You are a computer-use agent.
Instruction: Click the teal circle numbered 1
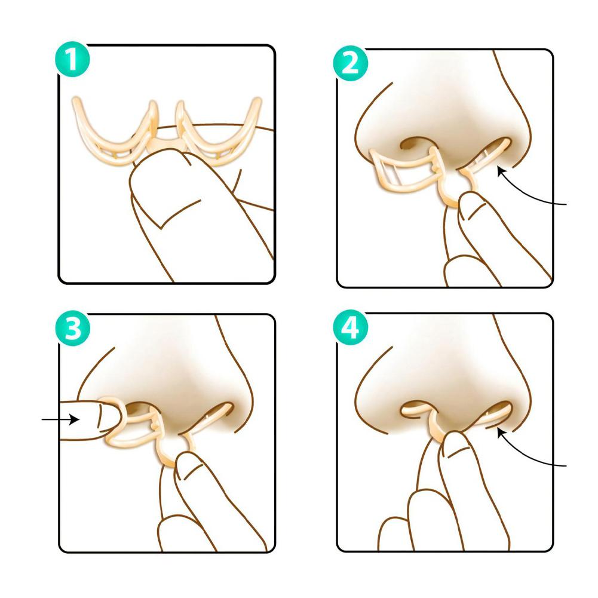coord(72,60)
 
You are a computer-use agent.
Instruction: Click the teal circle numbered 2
coord(351,63)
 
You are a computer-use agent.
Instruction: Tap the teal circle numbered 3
coord(72,329)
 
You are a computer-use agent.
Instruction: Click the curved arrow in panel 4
coord(526,456)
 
